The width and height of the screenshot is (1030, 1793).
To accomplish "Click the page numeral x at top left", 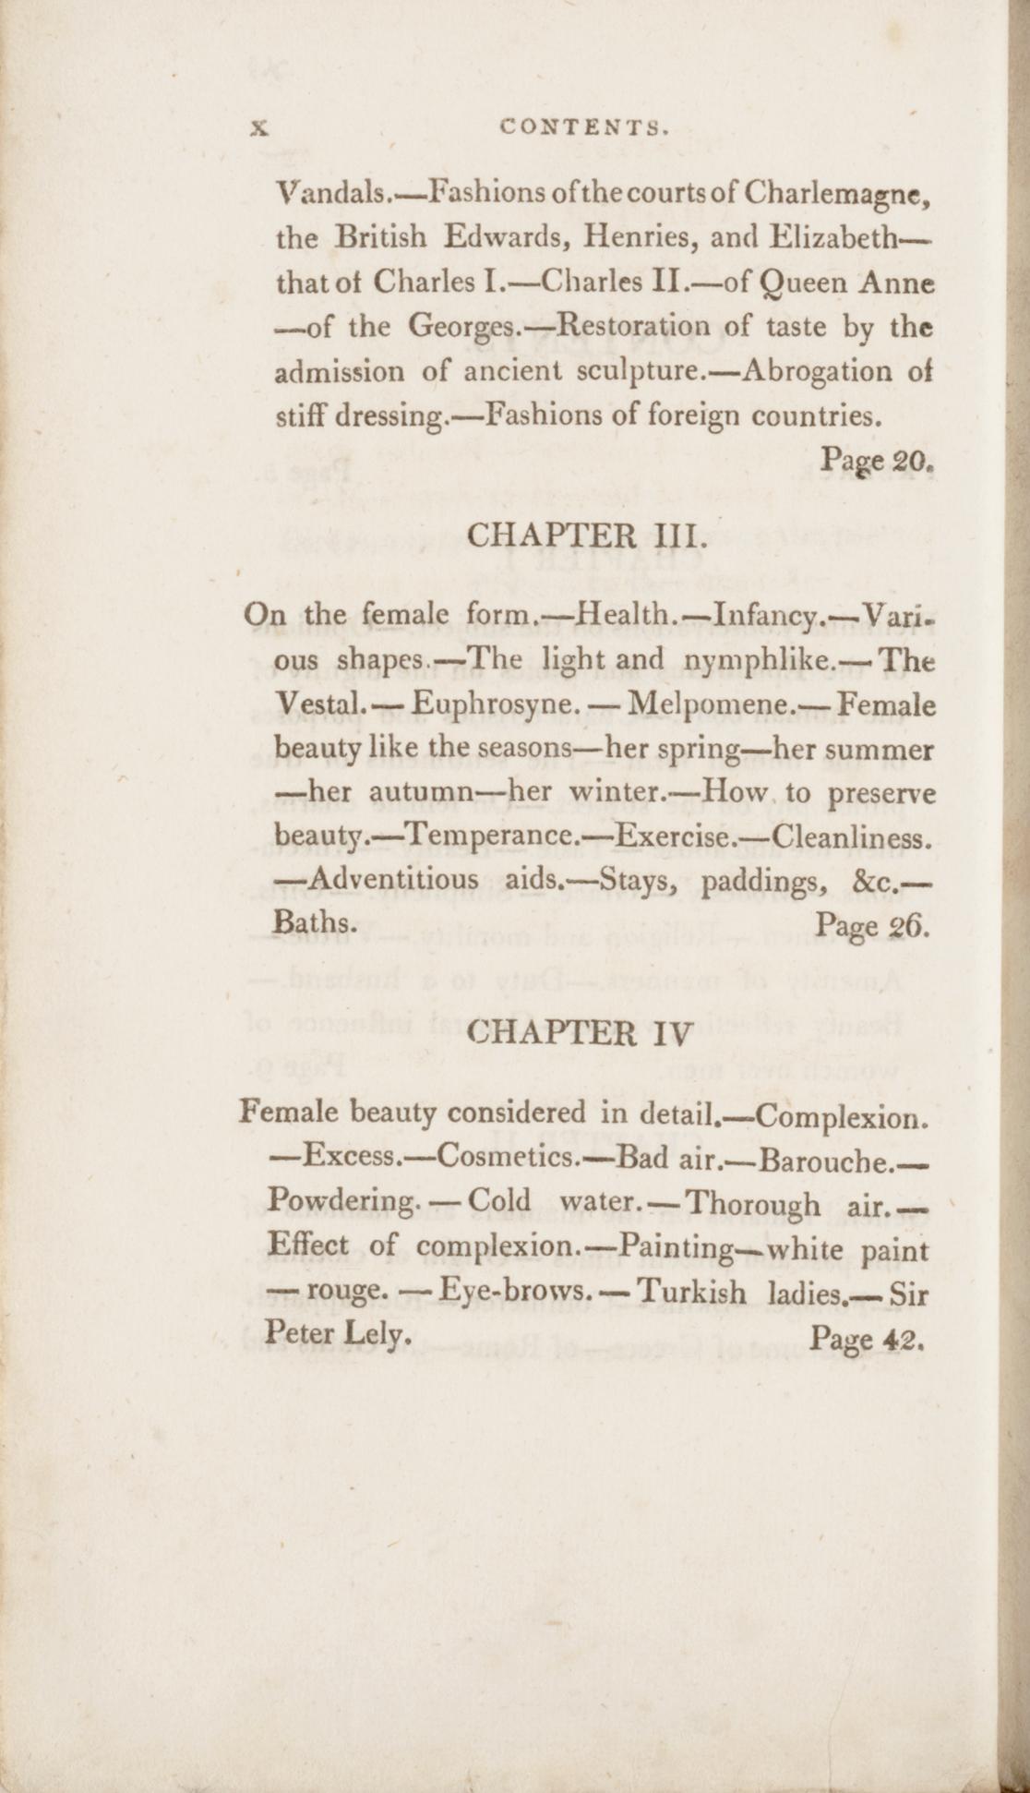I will [257, 131].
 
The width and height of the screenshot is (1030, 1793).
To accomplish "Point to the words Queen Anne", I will [845, 283].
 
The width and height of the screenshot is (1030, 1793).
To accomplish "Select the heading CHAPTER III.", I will [588, 535].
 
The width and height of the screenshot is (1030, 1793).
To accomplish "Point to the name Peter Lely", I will [337, 1333].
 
